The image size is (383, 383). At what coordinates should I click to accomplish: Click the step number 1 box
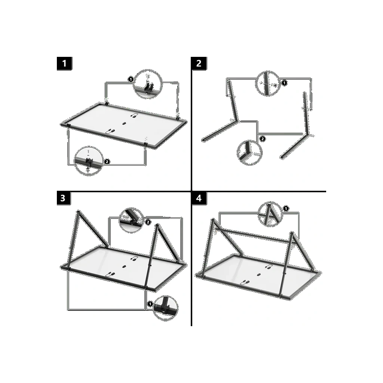(x=64, y=64)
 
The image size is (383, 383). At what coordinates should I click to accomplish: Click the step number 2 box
(x=199, y=64)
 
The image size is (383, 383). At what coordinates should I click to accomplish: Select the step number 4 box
(x=199, y=198)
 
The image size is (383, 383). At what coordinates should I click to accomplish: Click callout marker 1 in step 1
(x=131, y=79)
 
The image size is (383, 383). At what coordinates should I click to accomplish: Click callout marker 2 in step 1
(x=107, y=162)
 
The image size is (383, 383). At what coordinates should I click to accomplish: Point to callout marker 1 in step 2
(x=284, y=83)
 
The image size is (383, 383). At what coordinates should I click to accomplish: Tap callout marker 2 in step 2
(x=262, y=139)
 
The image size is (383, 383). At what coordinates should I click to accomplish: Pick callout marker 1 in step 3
(x=150, y=304)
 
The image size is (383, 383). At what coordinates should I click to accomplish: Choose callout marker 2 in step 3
(x=148, y=222)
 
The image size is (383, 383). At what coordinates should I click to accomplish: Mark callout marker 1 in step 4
(x=286, y=209)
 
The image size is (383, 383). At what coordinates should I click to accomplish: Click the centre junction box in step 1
(x=124, y=123)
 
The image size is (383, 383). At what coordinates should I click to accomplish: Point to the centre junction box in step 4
(x=258, y=274)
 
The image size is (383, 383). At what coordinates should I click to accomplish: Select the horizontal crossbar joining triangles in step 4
(x=253, y=235)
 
